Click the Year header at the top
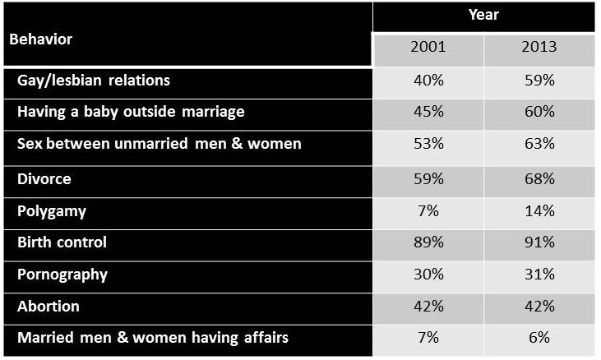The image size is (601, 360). pos(483,15)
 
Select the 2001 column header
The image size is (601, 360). pos(428,47)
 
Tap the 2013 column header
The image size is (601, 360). pos(539,47)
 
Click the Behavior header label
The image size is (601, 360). pos(41,39)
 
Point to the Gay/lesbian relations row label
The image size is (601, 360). pos(94,81)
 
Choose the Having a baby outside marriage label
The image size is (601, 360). pos(131,111)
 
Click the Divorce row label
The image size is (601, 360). pos(44,178)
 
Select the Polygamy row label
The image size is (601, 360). pos(52,211)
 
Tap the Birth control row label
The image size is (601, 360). pos(62,242)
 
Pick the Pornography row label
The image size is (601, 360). pos(62,274)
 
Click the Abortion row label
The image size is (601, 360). pos(49,306)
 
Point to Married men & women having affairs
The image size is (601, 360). pos(153,337)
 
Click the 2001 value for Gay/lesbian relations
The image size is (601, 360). pos(428,81)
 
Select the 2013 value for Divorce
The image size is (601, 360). pos(539,178)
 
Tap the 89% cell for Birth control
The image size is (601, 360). pos(428,242)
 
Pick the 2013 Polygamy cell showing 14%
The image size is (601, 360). pos(539,211)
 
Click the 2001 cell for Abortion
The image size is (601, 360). pos(428,306)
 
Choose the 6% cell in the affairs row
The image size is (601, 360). pos(539,337)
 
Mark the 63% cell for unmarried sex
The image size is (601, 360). pos(539,144)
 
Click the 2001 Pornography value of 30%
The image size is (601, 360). pos(428,274)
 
